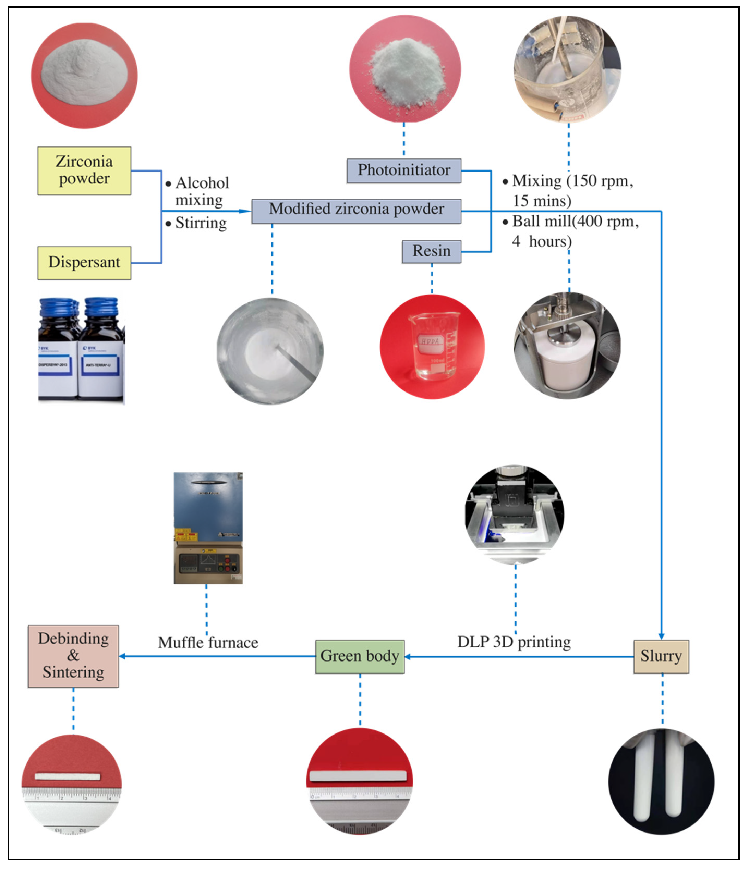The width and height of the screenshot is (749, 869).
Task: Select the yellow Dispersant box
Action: click(84, 262)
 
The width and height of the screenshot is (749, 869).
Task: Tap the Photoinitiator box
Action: click(404, 170)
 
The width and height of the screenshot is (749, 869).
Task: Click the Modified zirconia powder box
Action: click(356, 211)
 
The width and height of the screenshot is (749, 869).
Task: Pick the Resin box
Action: click(431, 252)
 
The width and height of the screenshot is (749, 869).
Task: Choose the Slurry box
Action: click(661, 656)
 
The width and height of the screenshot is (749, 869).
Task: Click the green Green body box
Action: click(360, 656)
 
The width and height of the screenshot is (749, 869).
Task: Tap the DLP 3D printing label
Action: click(514, 642)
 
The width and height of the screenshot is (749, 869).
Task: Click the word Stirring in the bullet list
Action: click(201, 223)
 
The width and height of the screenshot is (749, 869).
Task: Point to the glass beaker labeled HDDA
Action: click(433, 346)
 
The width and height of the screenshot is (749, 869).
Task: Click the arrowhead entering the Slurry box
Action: click(661, 636)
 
